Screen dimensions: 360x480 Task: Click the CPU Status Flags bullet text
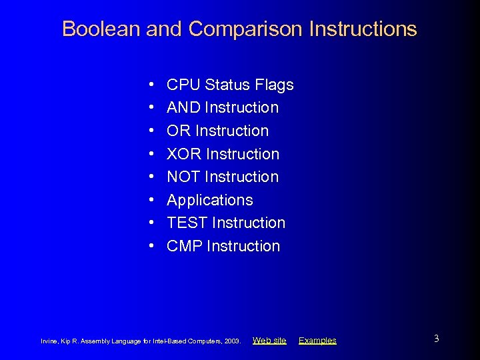pyautogui.click(x=230, y=85)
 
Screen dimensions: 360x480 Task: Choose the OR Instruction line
pyautogui.click(x=217, y=131)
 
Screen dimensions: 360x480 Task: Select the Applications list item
pyautogui.click(x=209, y=200)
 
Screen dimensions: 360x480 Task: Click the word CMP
pyautogui.click(x=185, y=246)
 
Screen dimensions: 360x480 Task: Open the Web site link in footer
pyautogui.click(x=269, y=341)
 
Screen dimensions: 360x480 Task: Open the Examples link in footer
pyautogui.click(x=317, y=341)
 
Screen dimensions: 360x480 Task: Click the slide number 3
pyautogui.click(x=436, y=339)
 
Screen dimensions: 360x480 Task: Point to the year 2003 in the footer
pyautogui.click(x=233, y=341)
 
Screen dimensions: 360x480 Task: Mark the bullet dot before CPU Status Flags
pyautogui.click(x=152, y=85)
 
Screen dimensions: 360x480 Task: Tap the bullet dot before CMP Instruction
pyautogui.click(x=152, y=247)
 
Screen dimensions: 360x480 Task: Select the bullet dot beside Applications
pyautogui.click(x=152, y=200)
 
